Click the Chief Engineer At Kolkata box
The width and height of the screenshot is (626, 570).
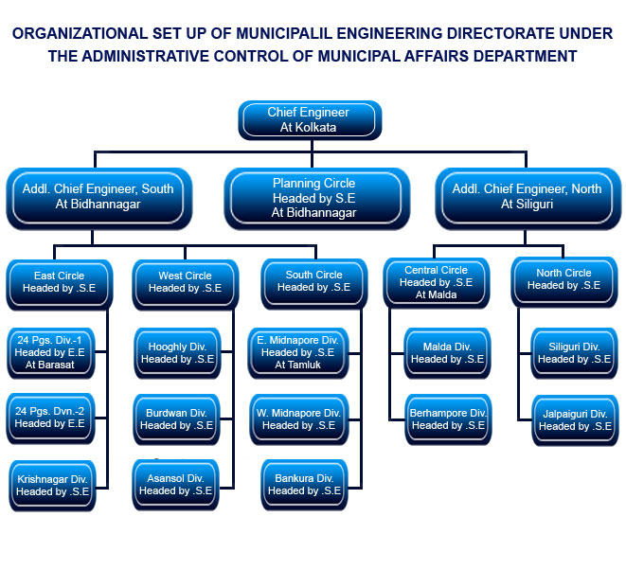point(309,120)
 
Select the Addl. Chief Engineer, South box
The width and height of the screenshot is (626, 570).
point(98,197)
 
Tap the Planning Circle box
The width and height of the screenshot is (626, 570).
point(314,198)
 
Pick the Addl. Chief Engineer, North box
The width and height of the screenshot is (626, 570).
point(527,197)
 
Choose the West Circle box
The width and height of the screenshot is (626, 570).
point(185,282)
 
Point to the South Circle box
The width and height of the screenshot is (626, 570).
point(313,281)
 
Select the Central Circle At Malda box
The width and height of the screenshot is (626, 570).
point(436,282)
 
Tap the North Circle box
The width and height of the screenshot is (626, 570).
point(564,279)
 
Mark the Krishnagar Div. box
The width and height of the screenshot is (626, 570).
point(52,486)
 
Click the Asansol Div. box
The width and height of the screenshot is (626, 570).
point(176,485)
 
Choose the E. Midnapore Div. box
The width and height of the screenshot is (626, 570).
point(299,352)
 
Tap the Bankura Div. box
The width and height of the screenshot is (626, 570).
point(299,485)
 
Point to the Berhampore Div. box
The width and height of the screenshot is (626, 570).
point(448,419)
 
